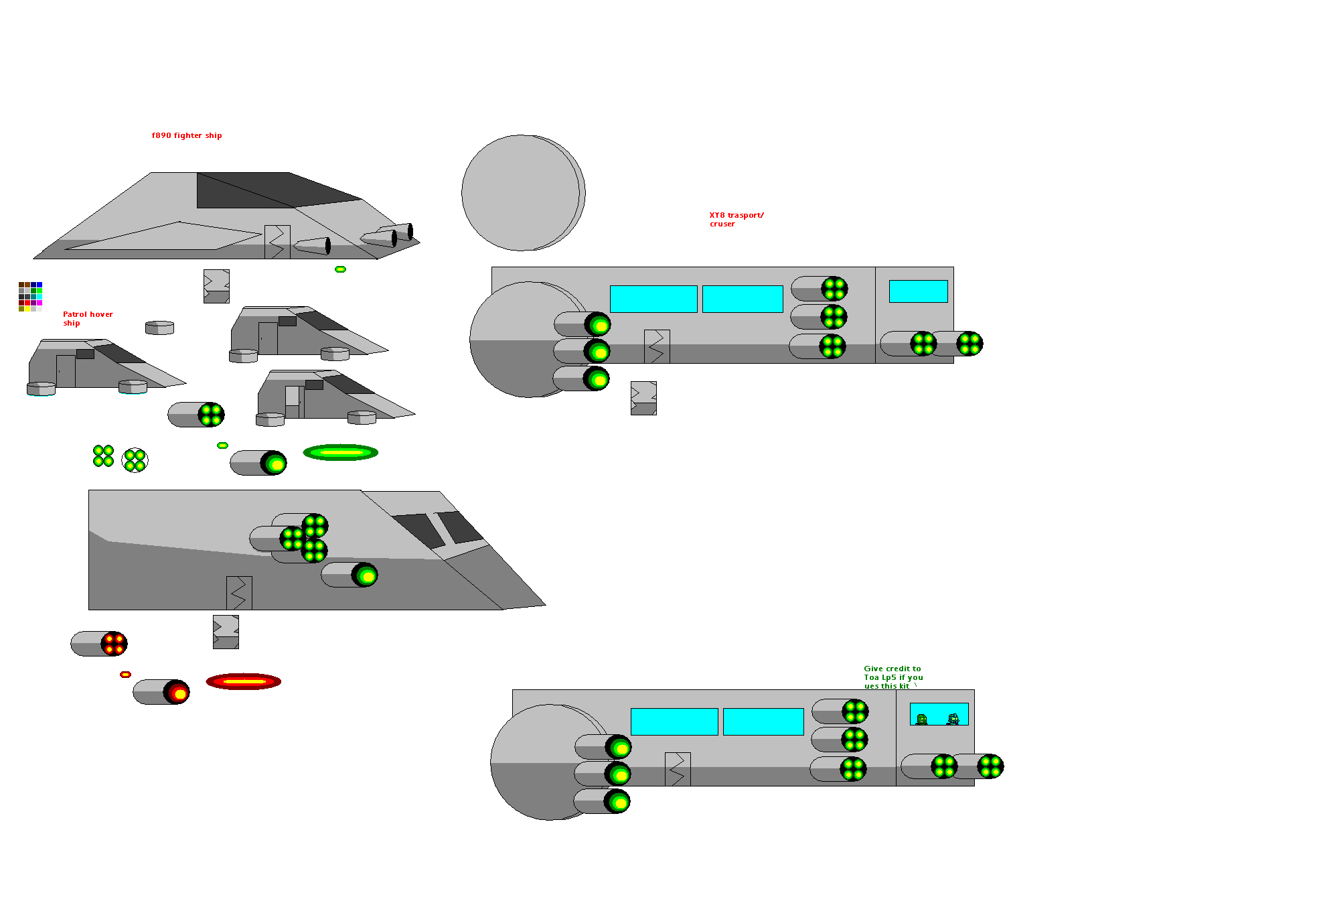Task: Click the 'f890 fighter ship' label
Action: click(186, 135)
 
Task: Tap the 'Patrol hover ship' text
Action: click(87, 318)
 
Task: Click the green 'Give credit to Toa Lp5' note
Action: click(893, 677)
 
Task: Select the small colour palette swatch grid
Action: click(30, 296)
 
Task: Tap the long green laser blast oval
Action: click(340, 453)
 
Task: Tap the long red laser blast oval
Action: click(243, 681)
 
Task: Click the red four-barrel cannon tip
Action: click(114, 644)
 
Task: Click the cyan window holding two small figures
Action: click(939, 714)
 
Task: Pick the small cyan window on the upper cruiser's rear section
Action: click(918, 291)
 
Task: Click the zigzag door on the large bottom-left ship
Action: click(239, 593)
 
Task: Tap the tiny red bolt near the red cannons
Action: click(125, 675)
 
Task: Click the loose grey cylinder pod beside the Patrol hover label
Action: click(159, 328)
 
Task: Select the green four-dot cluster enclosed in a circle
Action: click(135, 460)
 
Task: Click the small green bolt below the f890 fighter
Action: click(340, 269)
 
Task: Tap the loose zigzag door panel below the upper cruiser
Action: click(643, 398)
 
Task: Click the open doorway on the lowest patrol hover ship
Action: click(293, 402)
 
